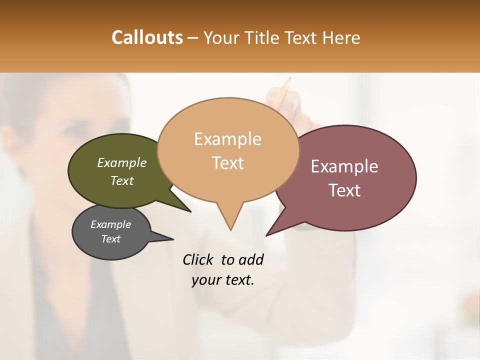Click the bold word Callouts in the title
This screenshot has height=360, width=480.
(x=147, y=37)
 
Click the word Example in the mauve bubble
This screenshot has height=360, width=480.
(x=344, y=166)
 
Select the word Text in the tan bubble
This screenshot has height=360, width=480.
(x=228, y=163)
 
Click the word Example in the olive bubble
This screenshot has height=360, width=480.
(x=122, y=162)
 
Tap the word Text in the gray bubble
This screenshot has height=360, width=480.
(x=111, y=239)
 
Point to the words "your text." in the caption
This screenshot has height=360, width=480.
(x=223, y=280)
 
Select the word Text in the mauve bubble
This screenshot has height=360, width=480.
(x=345, y=190)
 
